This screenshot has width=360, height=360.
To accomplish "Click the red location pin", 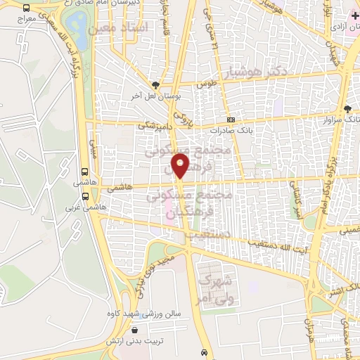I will pos(181,165).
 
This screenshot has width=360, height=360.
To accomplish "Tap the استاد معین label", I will pos(144,28).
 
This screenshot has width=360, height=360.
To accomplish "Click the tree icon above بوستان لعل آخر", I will pos(163,84).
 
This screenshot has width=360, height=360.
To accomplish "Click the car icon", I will pos(204,352).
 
